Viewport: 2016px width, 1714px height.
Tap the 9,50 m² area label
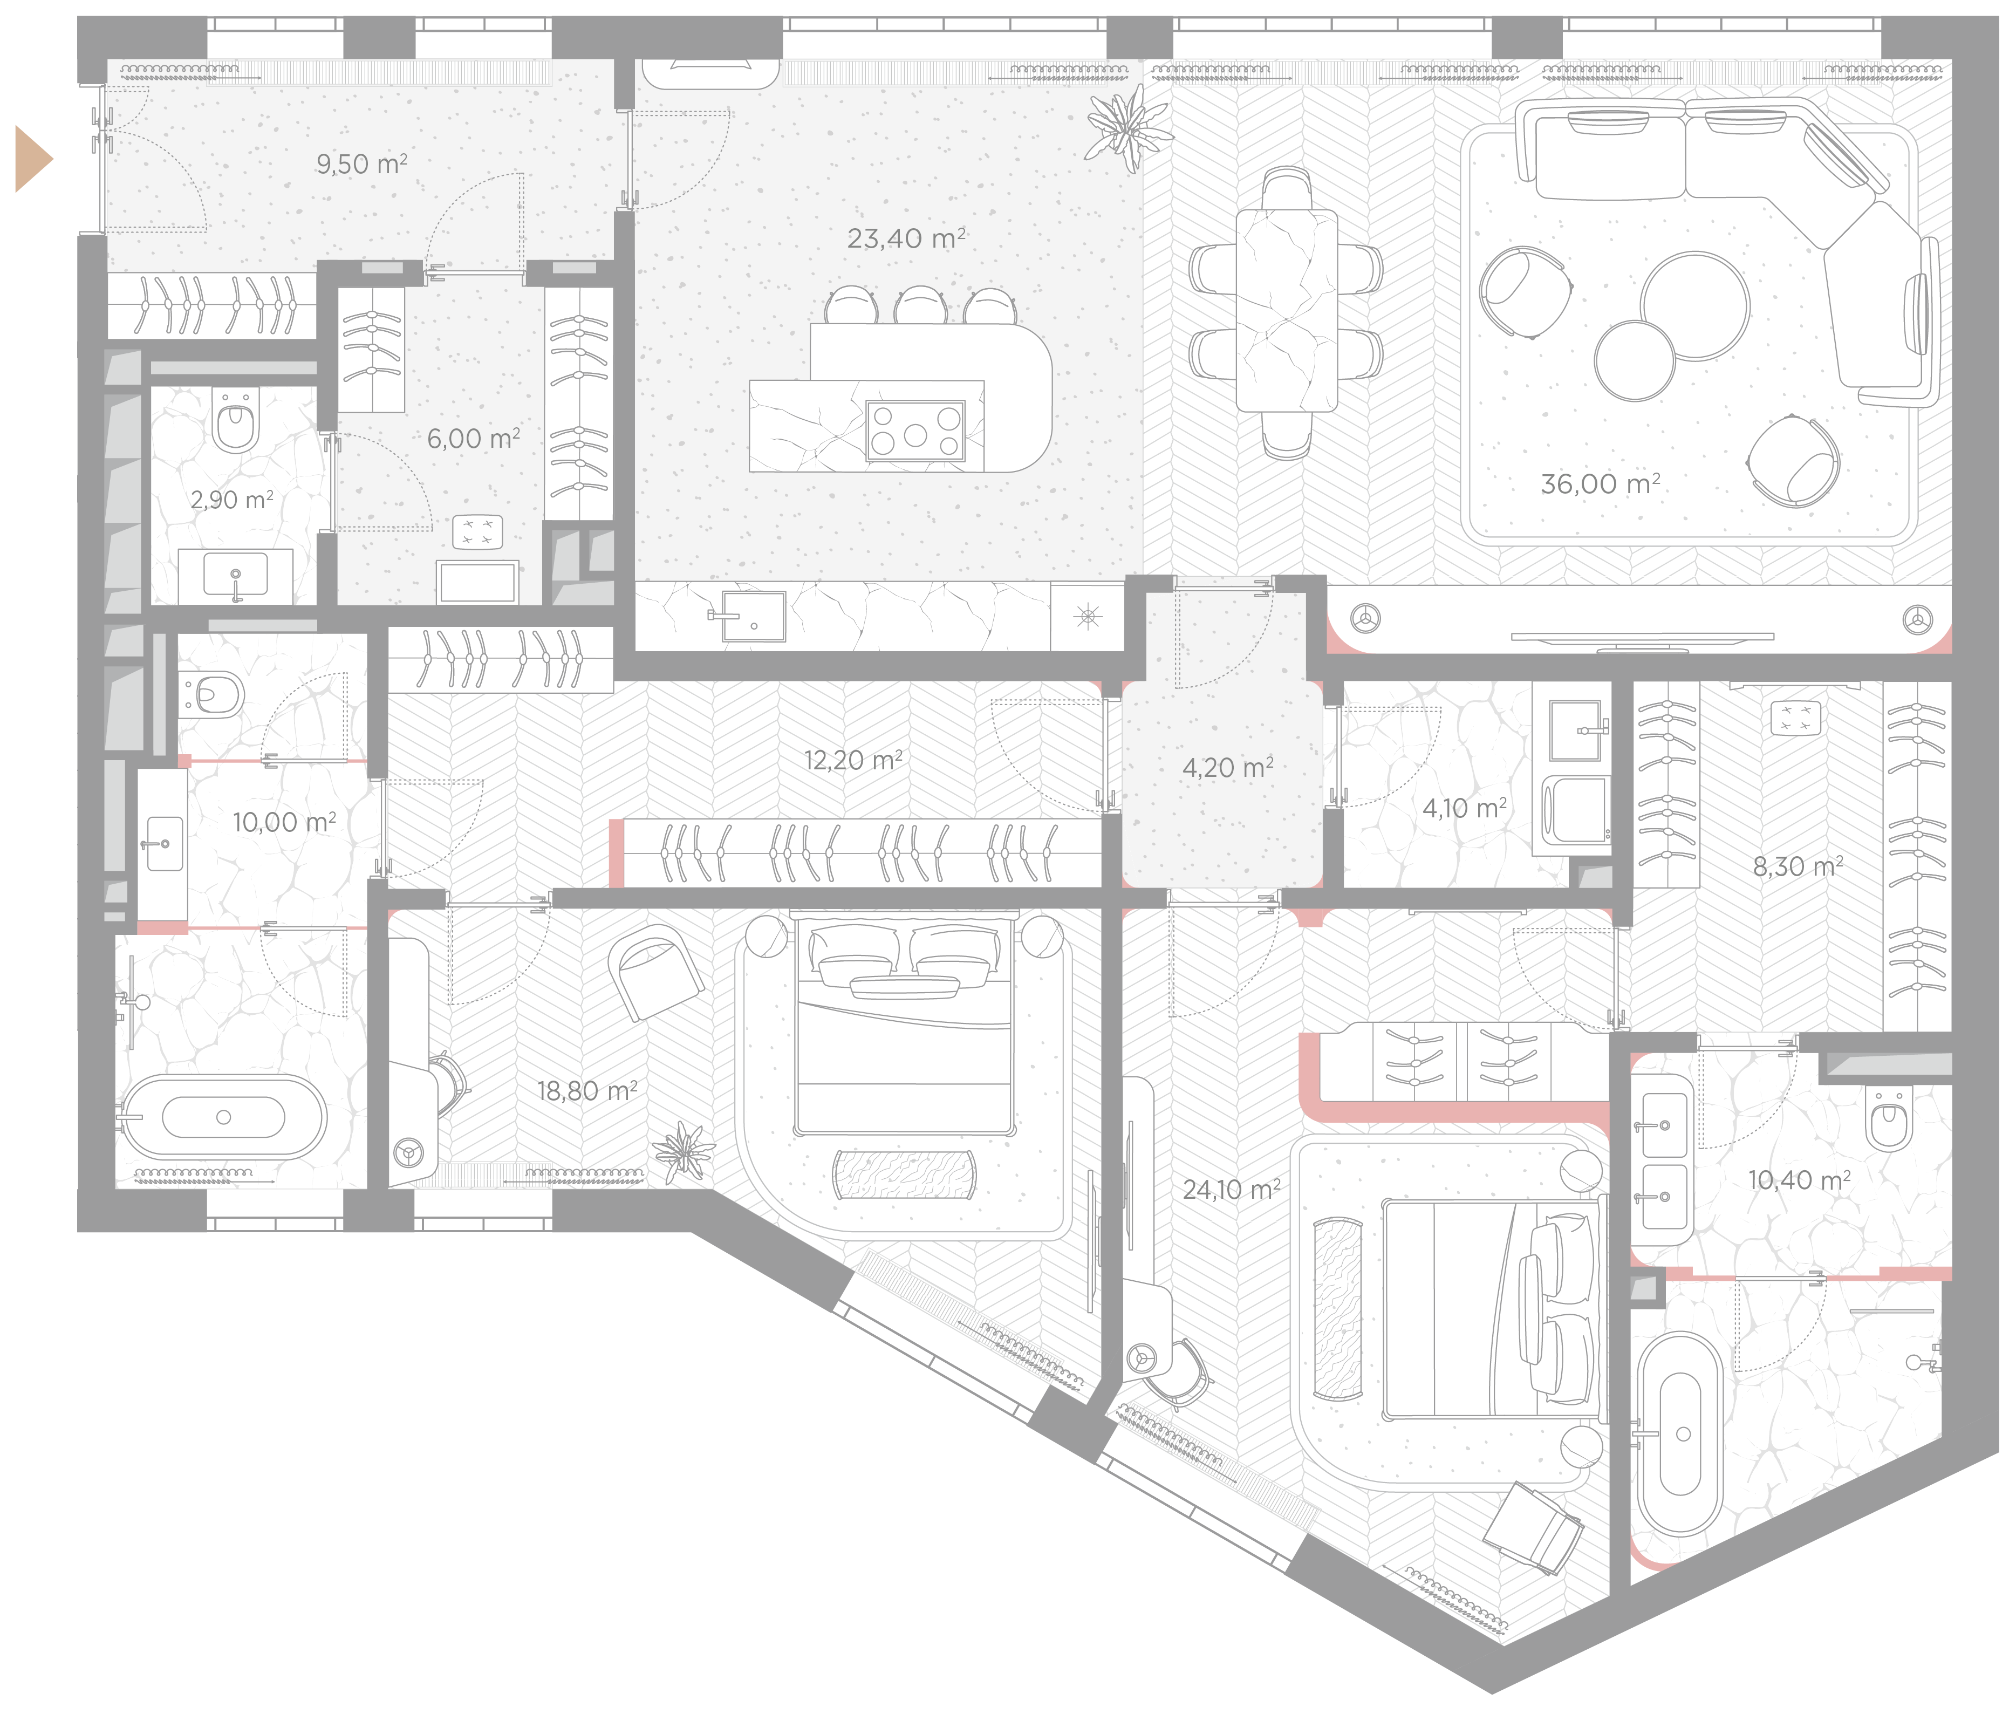pos(361,163)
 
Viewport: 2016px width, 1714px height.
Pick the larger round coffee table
pos(1694,306)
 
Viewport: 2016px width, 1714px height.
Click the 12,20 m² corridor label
pos(853,759)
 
